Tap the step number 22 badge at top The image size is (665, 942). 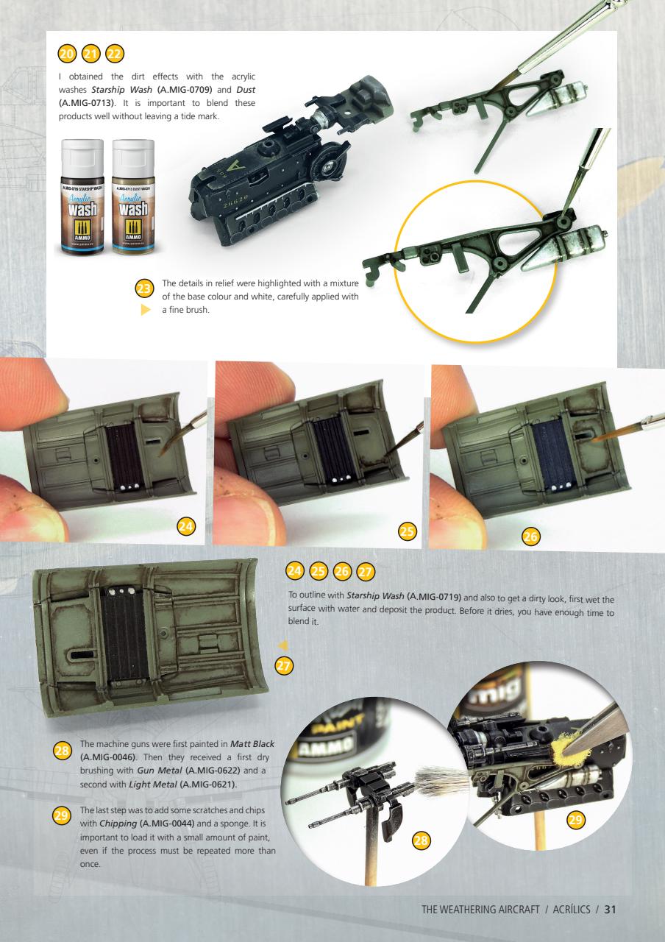pyautogui.click(x=115, y=54)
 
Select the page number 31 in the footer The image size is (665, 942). pyautogui.click(x=610, y=908)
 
